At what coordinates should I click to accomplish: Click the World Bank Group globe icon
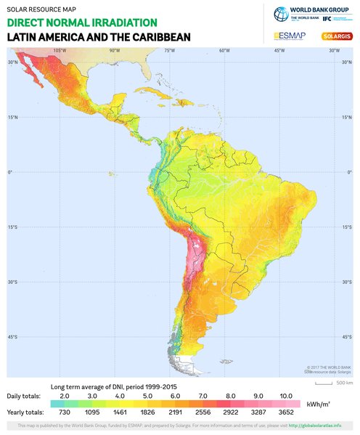pyautogui.click(x=281, y=14)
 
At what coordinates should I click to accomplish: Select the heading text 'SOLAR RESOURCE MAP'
pyautogui.click(x=36, y=9)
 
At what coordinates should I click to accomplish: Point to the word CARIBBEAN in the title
pyautogui.click(x=154, y=36)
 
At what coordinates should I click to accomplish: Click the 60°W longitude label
pyautogui.click(x=224, y=51)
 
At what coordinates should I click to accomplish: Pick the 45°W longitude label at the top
pyautogui.click(x=279, y=51)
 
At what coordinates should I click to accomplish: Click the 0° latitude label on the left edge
pyautogui.click(x=10, y=173)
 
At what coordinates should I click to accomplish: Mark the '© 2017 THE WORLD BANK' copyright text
pyautogui.click(x=327, y=369)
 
